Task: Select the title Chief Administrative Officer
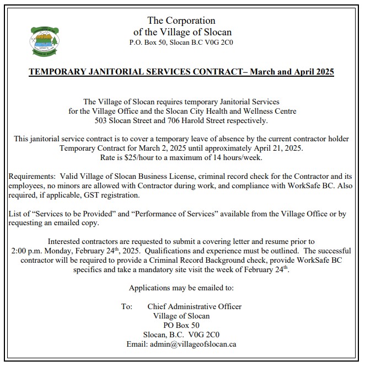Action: click(x=194, y=306)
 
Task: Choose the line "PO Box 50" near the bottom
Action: click(x=181, y=325)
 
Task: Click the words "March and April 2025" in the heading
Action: click(x=292, y=72)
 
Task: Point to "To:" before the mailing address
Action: click(x=127, y=306)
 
